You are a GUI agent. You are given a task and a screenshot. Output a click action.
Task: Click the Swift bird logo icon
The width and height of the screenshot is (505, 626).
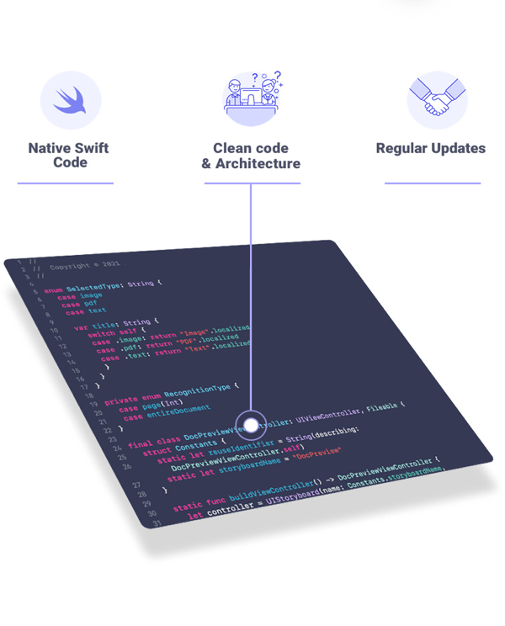pyautogui.click(x=71, y=100)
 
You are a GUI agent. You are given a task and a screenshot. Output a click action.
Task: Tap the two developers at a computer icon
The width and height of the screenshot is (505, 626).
pyautogui.click(x=251, y=96)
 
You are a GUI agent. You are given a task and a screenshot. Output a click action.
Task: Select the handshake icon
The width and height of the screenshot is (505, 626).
pyautogui.click(x=436, y=100)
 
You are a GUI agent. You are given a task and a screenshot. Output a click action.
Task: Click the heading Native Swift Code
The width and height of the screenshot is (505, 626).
pyautogui.click(x=69, y=155)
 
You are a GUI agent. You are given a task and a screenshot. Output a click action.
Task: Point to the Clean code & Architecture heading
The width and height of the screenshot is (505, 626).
pyautogui.click(x=251, y=156)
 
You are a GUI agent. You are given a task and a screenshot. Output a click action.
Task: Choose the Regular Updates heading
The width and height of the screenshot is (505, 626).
pyautogui.click(x=430, y=148)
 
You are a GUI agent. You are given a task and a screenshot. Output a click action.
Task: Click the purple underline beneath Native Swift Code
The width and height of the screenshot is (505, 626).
pyautogui.click(x=66, y=183)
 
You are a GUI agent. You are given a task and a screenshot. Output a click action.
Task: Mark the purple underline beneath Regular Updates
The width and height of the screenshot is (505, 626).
pyautogui.click(x=433, y=183)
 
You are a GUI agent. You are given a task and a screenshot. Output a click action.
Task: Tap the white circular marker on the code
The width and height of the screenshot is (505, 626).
pyautogui.click(x=251, y=425)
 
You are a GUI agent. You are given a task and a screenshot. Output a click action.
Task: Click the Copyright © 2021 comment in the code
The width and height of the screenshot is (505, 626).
pyautogui.click(x=79, y=268)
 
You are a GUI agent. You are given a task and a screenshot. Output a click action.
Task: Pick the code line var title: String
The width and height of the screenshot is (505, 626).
pyautogui.click(x=111, y=324)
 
